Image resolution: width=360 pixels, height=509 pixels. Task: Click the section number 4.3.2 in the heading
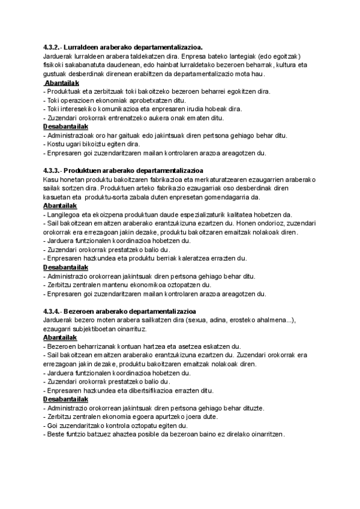[x=52, y=47]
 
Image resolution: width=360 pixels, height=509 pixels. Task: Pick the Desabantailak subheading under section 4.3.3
[x=67, y=267]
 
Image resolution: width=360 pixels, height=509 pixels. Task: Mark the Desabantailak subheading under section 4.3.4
[x=67, y=399]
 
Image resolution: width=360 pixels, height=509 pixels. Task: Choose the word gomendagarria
[x=224, y=197]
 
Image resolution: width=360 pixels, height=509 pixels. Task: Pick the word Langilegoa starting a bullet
[x=62, y=214]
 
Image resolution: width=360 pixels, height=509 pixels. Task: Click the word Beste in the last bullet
[x=56, y=434]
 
